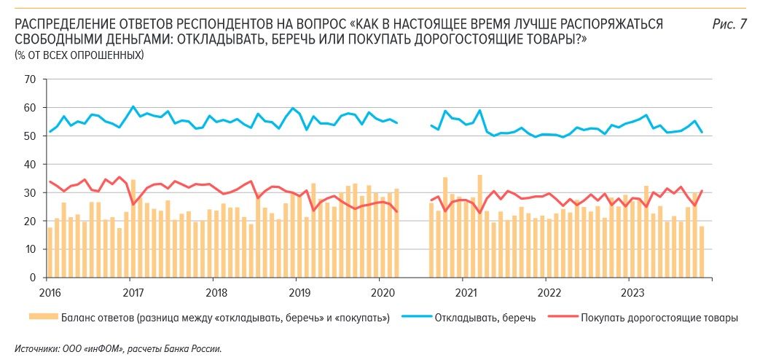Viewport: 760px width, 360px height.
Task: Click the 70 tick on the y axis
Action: [31, 79]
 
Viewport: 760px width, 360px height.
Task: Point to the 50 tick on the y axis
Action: [31, 136]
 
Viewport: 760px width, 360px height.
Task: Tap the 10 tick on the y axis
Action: [31, 249]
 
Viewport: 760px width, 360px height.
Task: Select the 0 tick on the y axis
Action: [34, 278]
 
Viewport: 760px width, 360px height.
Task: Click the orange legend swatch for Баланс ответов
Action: [43, 318]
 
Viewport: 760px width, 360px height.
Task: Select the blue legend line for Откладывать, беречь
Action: [415, 318]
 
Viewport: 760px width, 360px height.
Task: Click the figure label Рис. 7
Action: [729, 25]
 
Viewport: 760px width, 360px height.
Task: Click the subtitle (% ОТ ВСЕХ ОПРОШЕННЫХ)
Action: [79, 55]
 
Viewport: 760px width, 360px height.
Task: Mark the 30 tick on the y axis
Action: [31, 192]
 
